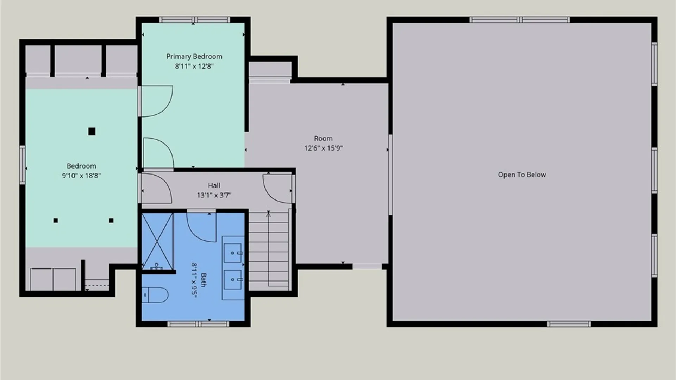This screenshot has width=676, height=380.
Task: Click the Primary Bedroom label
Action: point(194,56)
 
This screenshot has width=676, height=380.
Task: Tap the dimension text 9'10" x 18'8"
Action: point(81,175)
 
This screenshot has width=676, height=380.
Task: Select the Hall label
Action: point(214,185)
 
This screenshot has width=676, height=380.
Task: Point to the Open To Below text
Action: point(522,175)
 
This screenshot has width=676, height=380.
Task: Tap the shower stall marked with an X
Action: point(157,241)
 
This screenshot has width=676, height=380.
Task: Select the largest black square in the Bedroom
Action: point(92,132)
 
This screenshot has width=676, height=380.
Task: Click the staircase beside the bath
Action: point(269,251)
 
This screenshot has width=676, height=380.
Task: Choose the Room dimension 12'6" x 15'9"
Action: point(323,148)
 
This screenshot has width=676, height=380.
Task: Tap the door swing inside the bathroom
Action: point(201,227)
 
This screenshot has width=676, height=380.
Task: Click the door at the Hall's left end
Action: point(156,189)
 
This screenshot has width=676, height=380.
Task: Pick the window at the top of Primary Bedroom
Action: point(194,20)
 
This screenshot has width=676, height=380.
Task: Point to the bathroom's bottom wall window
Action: point(198,324)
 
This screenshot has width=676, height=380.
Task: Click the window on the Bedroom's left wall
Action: point(23,165)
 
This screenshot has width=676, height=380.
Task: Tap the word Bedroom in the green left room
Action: point(81,166)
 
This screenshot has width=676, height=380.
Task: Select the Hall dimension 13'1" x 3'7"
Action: point(214,195)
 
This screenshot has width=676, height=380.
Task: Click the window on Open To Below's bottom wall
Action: point(569,324)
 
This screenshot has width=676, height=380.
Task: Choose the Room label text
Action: point(323,139)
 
